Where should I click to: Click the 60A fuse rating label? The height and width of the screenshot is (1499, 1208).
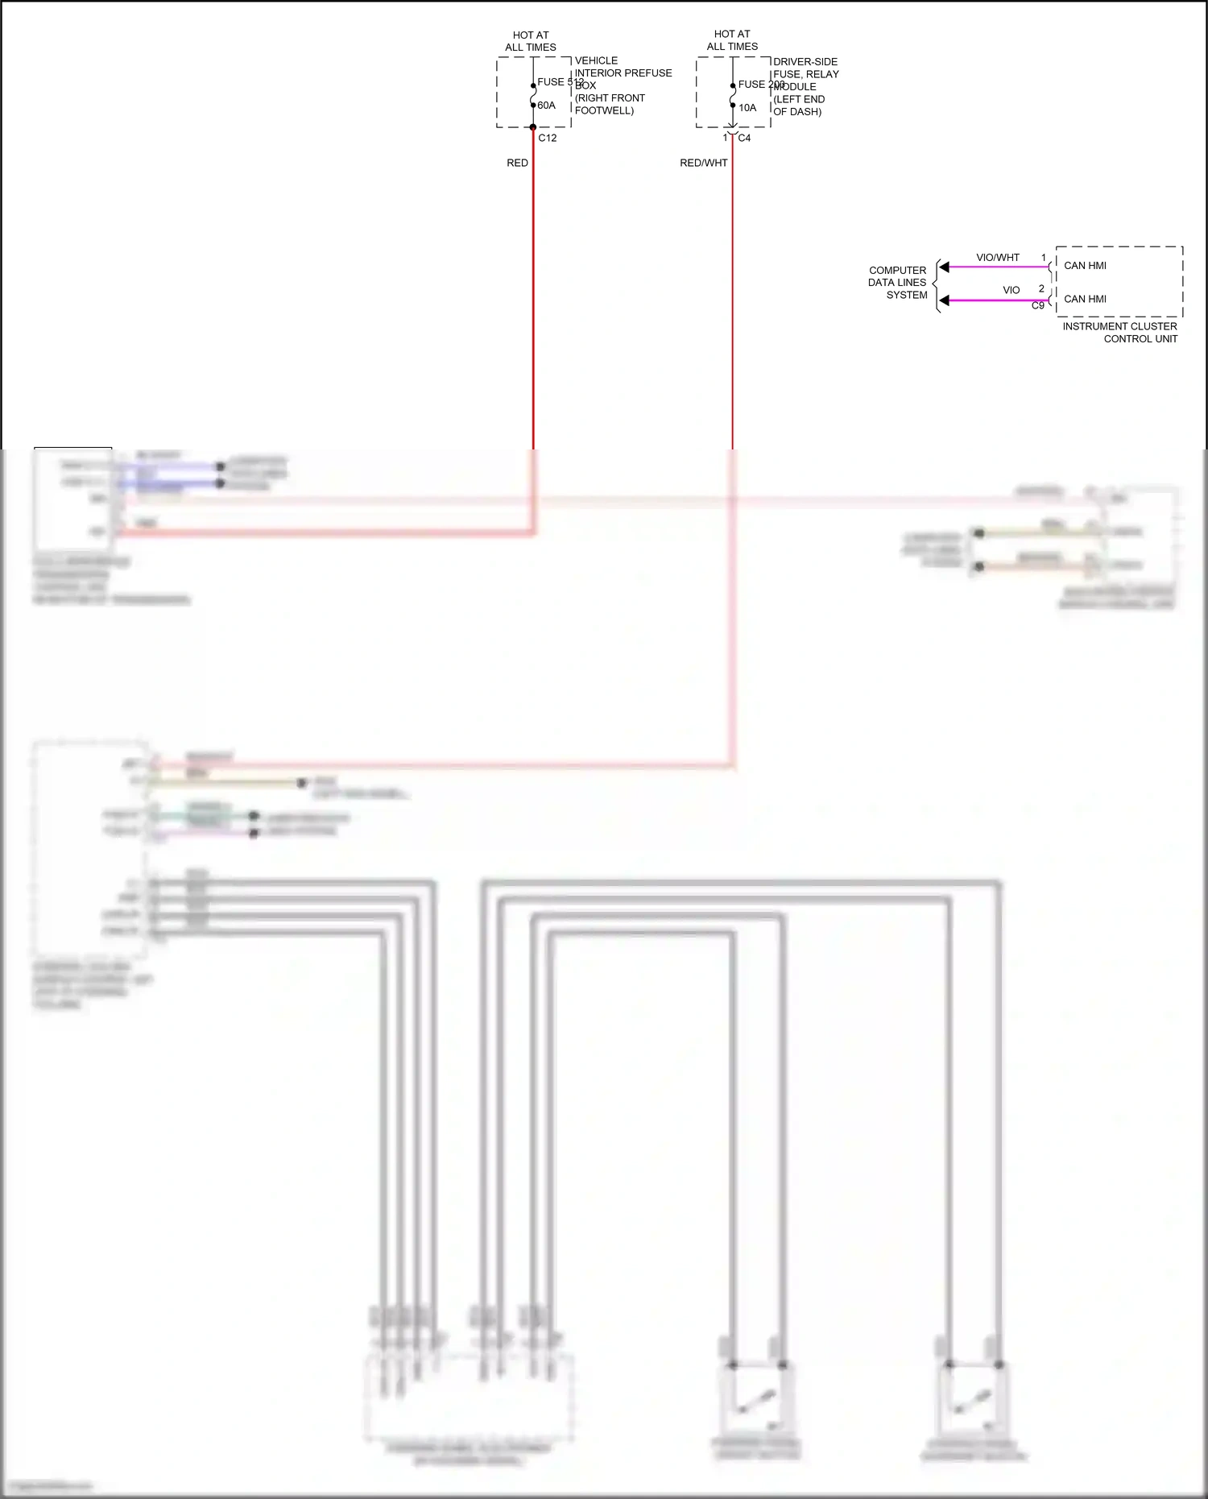click(x=546, y=106)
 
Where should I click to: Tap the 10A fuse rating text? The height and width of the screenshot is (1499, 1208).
click(x=747, y=108)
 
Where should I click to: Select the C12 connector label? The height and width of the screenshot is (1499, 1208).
click(x=548, y=138)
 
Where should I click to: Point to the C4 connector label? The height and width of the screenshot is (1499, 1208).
click(x=744, y=138)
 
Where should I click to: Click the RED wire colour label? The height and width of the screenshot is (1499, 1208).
click(x=517, y=163)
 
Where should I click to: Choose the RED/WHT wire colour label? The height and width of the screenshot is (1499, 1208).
click(x=703, y=163)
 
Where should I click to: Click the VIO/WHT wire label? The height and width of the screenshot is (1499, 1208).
click(x=998, y=258)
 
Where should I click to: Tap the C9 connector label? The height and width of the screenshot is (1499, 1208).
click(x=1038, y=306)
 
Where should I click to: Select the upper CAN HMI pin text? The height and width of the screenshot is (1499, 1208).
click(x=1085, y=266)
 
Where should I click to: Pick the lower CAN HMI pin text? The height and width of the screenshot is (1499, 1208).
click(x=1085, y=299)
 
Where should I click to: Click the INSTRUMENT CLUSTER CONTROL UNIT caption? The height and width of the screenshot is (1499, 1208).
click(x=1120, y=333)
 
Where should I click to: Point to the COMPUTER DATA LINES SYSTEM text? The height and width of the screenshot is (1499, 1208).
click(x=898, y=283)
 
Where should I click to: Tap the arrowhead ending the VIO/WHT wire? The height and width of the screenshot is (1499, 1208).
click(x=945, y=267)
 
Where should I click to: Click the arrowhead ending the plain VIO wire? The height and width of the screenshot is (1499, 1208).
click(x=945, y=300)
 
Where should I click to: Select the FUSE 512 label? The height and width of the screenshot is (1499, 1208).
click(x=561, y=82)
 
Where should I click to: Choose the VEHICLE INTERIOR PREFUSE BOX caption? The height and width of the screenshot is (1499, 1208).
click(x=623, y=85)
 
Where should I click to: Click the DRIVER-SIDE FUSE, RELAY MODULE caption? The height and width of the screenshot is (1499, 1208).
click(x=805, y=86)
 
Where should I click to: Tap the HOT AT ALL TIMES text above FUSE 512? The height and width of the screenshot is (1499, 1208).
click(x=531, y=41)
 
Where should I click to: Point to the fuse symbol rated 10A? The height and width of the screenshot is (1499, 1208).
click(x=732, y=96)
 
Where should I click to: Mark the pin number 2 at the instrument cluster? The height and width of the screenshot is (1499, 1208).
click(x=1041, y=288)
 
